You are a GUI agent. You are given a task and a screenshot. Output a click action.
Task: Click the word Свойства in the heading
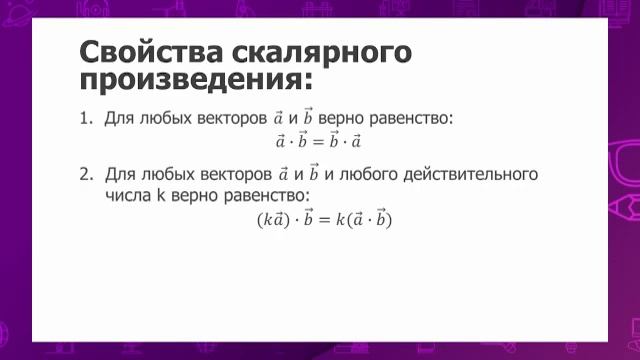pos(140,51)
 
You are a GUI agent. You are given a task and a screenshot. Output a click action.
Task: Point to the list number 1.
pos(84,119)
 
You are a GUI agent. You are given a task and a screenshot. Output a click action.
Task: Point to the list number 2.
pos(84,174)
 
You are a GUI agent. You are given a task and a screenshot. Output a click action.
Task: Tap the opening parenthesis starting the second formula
pos(261,219)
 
